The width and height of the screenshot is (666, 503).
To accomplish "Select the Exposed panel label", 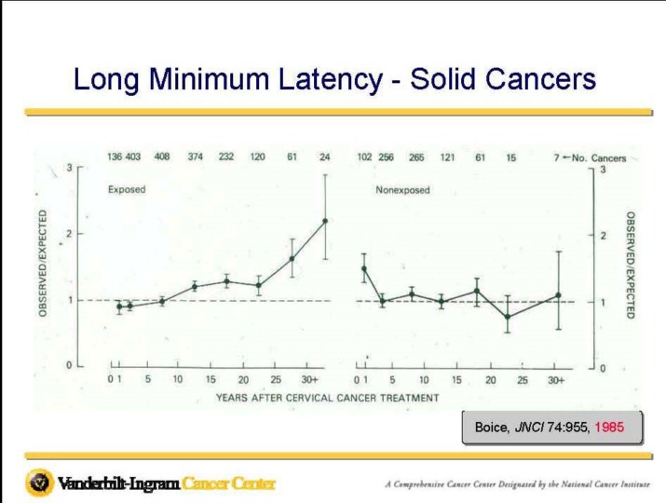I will pos(127,189).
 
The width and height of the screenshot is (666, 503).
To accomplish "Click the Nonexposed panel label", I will pos(402,190).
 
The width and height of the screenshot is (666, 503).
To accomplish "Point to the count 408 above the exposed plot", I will pos(162,156).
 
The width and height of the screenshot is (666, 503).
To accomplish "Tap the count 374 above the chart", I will pos(196,156).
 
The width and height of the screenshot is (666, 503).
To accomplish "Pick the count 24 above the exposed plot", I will pos(324,156).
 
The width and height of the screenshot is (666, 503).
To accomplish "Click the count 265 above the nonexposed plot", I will pos(416,157).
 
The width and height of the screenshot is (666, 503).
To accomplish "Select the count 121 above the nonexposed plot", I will pos(448,157).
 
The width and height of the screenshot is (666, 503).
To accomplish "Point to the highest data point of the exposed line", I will pos(325,221).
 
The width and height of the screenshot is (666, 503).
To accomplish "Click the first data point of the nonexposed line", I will pos(363,269).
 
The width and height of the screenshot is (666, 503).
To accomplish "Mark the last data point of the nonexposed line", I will pos(558,295).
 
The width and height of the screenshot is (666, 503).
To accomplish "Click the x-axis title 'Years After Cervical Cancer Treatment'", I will pos(327,398).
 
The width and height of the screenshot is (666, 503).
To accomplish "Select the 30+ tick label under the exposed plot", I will pos(309,379).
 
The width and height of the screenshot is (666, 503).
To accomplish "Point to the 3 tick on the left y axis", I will pos(68,168).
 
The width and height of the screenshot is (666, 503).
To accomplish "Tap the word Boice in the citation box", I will pos(491,428).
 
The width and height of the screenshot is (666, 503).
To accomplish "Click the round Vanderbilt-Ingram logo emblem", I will pos(39,483).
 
